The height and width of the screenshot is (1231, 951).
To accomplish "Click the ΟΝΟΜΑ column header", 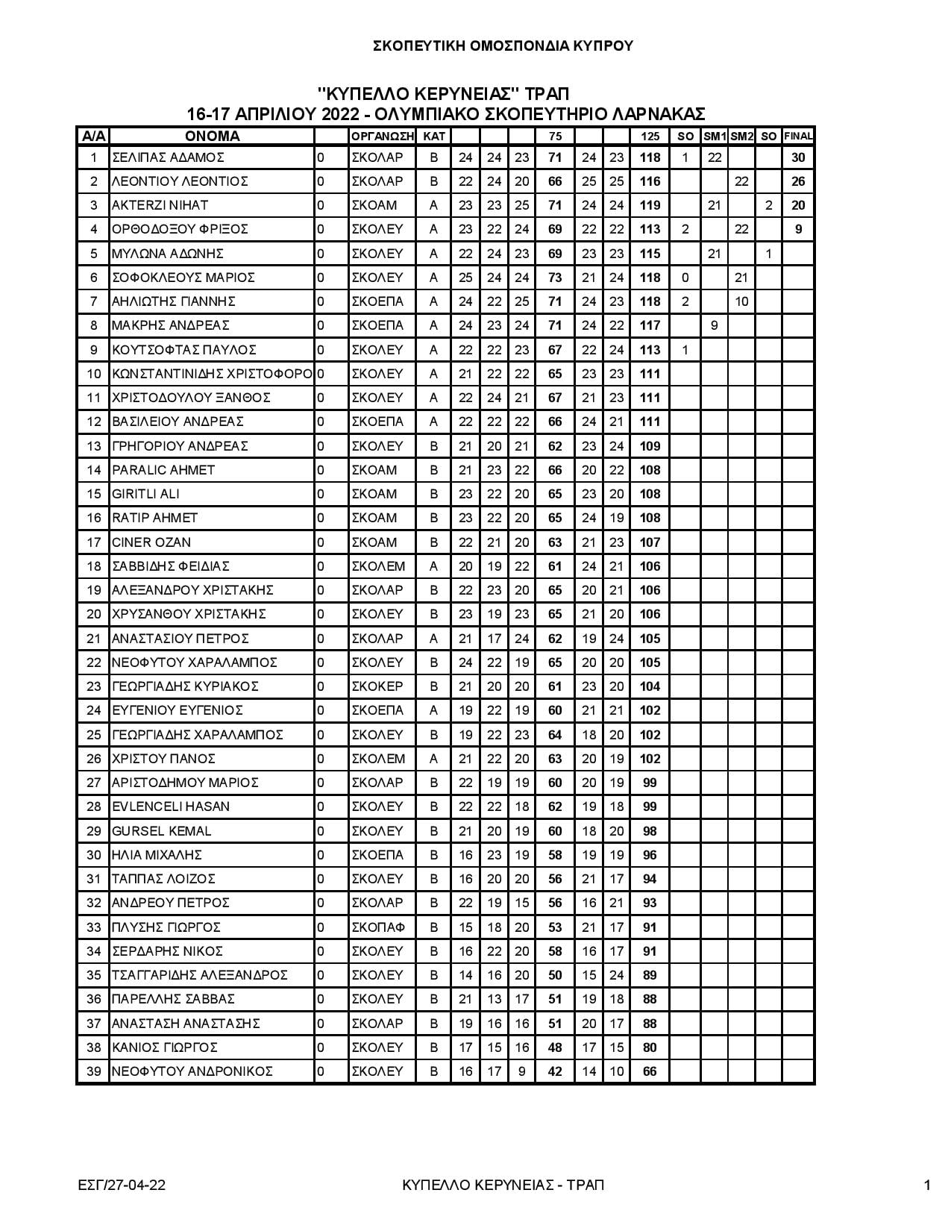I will [212, 137].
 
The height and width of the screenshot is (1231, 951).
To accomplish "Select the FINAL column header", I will [797, 137].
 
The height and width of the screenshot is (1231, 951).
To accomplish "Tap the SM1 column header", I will [714, 137].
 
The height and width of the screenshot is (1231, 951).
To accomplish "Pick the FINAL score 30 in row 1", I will [798, 157].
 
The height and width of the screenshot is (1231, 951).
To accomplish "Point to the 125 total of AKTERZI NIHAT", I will [650, 205].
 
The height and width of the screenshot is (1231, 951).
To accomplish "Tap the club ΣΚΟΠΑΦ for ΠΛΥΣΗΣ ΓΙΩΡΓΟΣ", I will [378, 927].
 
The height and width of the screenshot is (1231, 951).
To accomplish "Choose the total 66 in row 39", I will [650, 1071].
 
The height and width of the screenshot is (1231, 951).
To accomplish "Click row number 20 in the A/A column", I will [93, 614].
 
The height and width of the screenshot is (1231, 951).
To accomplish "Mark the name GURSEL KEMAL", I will [161, 831].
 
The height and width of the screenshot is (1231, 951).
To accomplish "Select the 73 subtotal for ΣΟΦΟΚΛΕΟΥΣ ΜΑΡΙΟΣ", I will [555, 278].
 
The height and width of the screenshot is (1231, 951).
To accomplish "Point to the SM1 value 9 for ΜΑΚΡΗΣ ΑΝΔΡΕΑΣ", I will [714, 325].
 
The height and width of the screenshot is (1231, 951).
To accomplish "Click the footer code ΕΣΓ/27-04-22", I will [121, 1185].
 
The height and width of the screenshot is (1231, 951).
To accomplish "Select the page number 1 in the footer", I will [926, 1185].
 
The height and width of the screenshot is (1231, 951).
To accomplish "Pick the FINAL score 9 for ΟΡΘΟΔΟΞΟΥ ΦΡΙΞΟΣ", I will [798, 229].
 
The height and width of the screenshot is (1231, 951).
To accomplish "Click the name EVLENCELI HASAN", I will [170, 806].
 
